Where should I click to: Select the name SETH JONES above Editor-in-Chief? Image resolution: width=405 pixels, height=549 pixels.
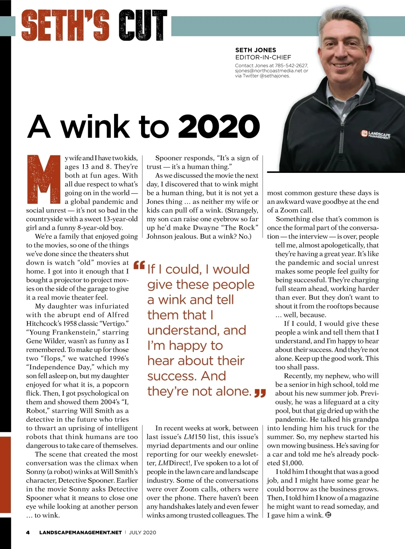tap(255, 50)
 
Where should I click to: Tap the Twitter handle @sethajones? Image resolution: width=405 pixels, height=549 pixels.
tap(275, 76)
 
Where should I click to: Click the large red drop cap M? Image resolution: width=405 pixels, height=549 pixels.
tap(43, 179)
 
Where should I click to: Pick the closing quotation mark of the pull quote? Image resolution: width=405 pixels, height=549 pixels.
tap(260, 393)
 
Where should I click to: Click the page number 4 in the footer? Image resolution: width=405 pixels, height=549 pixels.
tap(28, 532)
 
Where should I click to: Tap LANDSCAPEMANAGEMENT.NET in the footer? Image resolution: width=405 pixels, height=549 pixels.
tap(80, 532)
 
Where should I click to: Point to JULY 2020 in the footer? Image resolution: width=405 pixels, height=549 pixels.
tap(142, 532)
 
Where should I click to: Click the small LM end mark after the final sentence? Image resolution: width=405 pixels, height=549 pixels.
tap(328, 515)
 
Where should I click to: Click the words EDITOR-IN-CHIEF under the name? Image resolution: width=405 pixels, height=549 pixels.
tap(263, 57)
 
